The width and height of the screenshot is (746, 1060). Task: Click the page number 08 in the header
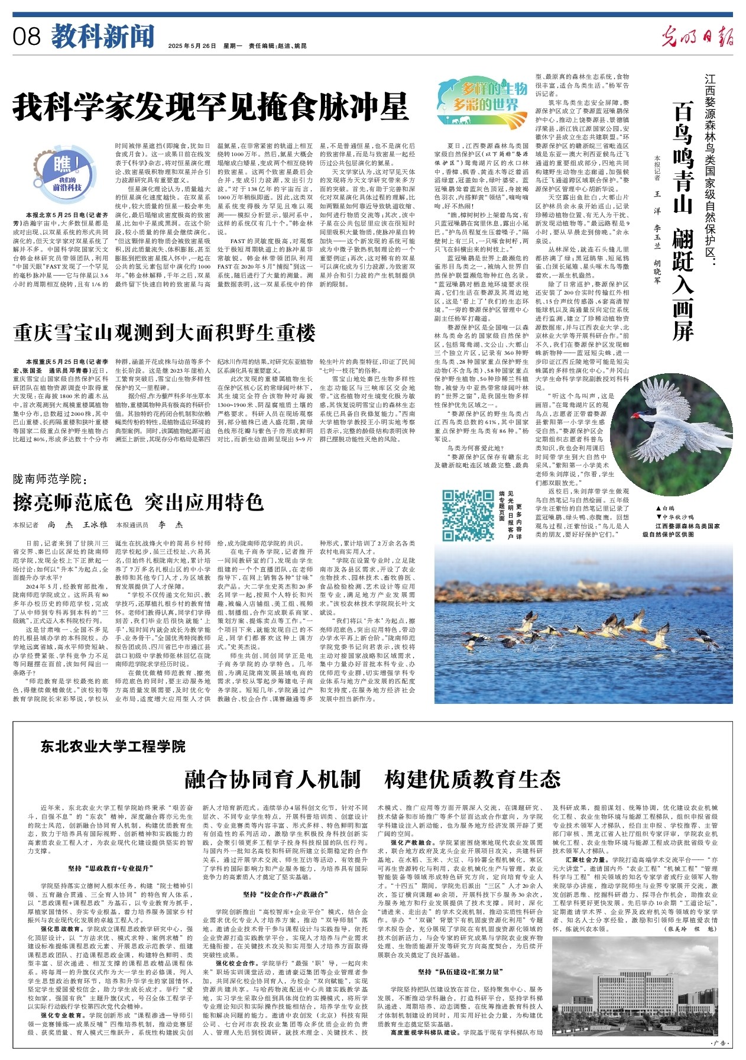[x=27, y=37]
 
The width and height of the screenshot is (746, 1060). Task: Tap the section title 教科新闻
[x=102, y=37]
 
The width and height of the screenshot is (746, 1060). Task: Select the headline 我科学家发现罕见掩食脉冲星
[x=211, y=107]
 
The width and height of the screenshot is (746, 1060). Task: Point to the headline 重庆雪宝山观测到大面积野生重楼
[x=165, y=333]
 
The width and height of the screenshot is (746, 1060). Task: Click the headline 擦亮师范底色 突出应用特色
[x=138, y=502]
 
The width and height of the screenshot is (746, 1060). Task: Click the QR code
[x=468, y=516]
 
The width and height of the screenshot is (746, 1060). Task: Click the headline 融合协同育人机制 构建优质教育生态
[x=372, y=778]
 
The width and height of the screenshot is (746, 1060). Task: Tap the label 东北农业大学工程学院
[x=113, y=746]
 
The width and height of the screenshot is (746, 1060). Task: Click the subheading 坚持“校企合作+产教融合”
[x=285, y=894]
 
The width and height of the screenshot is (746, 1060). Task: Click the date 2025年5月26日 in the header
[x=192, y=46]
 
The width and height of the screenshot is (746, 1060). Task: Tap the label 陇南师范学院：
[x=50, y=478]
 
